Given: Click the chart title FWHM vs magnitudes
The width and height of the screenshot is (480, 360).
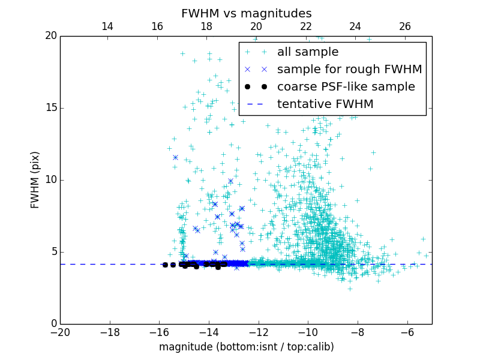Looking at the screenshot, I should (246, 13).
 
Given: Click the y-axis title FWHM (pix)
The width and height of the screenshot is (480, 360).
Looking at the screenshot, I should (35, 179).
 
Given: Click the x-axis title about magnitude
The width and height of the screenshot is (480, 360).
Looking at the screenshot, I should (246, 347).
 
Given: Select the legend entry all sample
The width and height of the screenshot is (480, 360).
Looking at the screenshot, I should (308, 52).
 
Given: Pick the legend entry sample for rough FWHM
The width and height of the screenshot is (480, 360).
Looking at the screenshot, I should (349, 70).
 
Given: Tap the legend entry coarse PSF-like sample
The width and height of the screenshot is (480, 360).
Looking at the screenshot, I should (346, 87).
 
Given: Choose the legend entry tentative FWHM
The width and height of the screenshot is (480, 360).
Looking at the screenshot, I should (325, 104).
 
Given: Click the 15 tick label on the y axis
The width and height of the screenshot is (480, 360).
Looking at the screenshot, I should (50, 108).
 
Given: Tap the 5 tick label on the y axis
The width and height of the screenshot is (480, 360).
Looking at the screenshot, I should (53, 252).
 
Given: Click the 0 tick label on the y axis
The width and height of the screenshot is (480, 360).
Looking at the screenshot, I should (53, 324).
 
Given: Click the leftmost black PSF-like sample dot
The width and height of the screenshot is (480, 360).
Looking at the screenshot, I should (165, 265).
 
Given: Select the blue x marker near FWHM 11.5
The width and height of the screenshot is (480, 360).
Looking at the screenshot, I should (175, 157).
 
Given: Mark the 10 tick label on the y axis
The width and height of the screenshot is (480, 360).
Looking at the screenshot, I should (50, 180).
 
